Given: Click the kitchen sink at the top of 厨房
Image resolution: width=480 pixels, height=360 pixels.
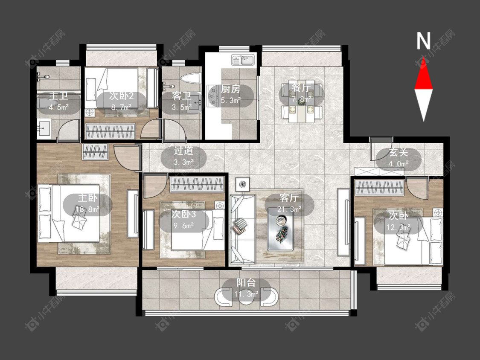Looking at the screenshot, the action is (x=243, y=60).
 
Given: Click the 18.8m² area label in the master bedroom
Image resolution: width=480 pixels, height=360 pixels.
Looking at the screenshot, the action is (x=87, y=210).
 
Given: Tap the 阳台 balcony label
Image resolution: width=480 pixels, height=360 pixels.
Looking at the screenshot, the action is (x=246, y=282).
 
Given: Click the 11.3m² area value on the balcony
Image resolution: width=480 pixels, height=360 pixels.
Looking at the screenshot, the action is (x=246, y=294).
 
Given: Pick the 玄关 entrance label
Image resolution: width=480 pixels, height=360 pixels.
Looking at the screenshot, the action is (x=399, y=152).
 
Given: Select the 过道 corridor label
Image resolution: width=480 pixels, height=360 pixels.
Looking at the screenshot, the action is (x=183, y=151).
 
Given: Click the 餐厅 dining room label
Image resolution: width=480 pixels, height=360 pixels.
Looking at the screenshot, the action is (x=301, y=88).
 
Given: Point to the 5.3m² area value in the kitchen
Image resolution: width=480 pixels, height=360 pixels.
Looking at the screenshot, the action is (x=231, y=100).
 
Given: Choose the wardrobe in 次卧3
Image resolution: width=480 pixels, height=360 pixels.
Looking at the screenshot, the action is (x=197, y=184).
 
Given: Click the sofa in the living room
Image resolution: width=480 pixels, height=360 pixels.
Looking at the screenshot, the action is (x=242, y=229).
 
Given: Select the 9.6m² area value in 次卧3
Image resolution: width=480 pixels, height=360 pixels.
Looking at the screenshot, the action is (x=183, y=226).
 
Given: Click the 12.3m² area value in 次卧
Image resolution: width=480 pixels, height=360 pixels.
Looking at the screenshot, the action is (x=398, y=227).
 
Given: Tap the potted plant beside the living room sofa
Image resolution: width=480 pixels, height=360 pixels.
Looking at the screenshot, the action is (x=243, y=184).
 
